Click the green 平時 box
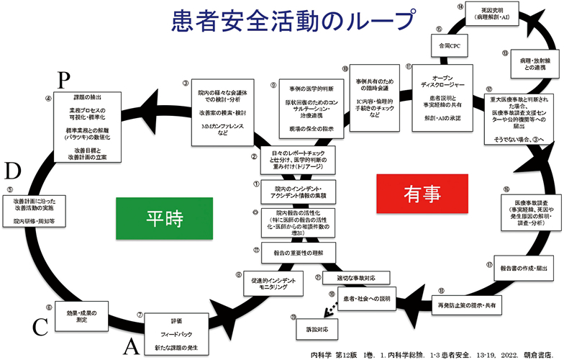click(147, 218)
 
